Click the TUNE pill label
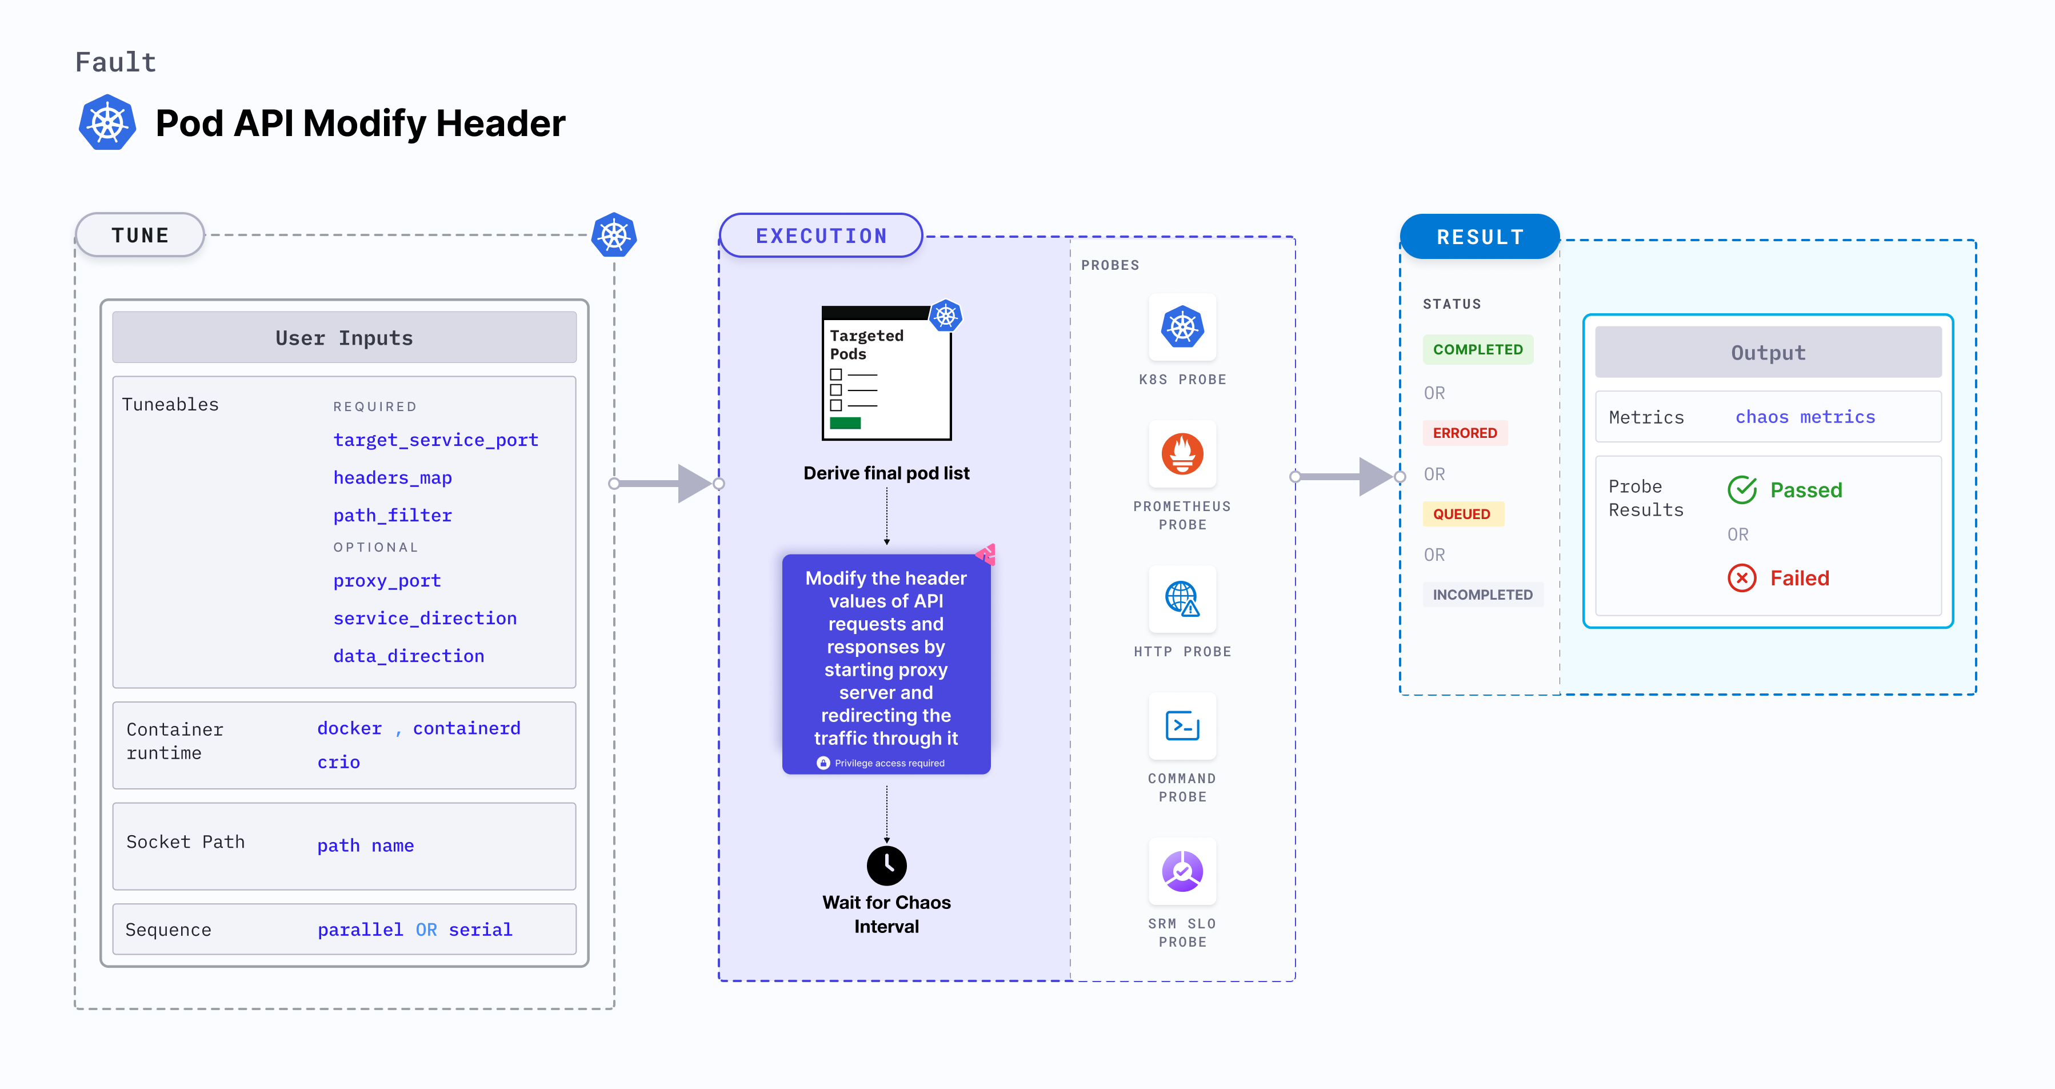click(x=141, y=236)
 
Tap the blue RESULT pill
click(x=1480, y=237)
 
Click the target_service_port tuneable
click(x=435, y=440)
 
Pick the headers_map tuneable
click(x=393, y=477)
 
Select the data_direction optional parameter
click(x=409, y=656)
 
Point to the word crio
click(x=338, y=762)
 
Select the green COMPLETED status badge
click(x=1477, y=349)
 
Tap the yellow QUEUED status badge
click(x=1461, y=514)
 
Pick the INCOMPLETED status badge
click(x=1482, y=595)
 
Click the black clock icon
click(x=886, y=865)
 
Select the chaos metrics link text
click(x=1805, y=417)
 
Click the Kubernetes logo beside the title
click(x=107, y=123)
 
